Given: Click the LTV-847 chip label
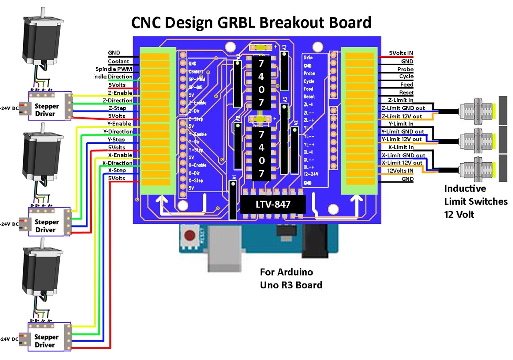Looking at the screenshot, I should point(273,205).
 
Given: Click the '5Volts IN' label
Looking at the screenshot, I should point(401,53).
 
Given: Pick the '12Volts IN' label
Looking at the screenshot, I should point(400,171).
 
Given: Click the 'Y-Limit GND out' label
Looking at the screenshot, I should point(403,131).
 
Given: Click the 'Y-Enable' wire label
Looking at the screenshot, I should point(119,124).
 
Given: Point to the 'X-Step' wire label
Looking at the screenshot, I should point(117,171).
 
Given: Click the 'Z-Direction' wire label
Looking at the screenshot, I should point(117,101).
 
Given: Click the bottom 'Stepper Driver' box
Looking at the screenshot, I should point(44,341).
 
